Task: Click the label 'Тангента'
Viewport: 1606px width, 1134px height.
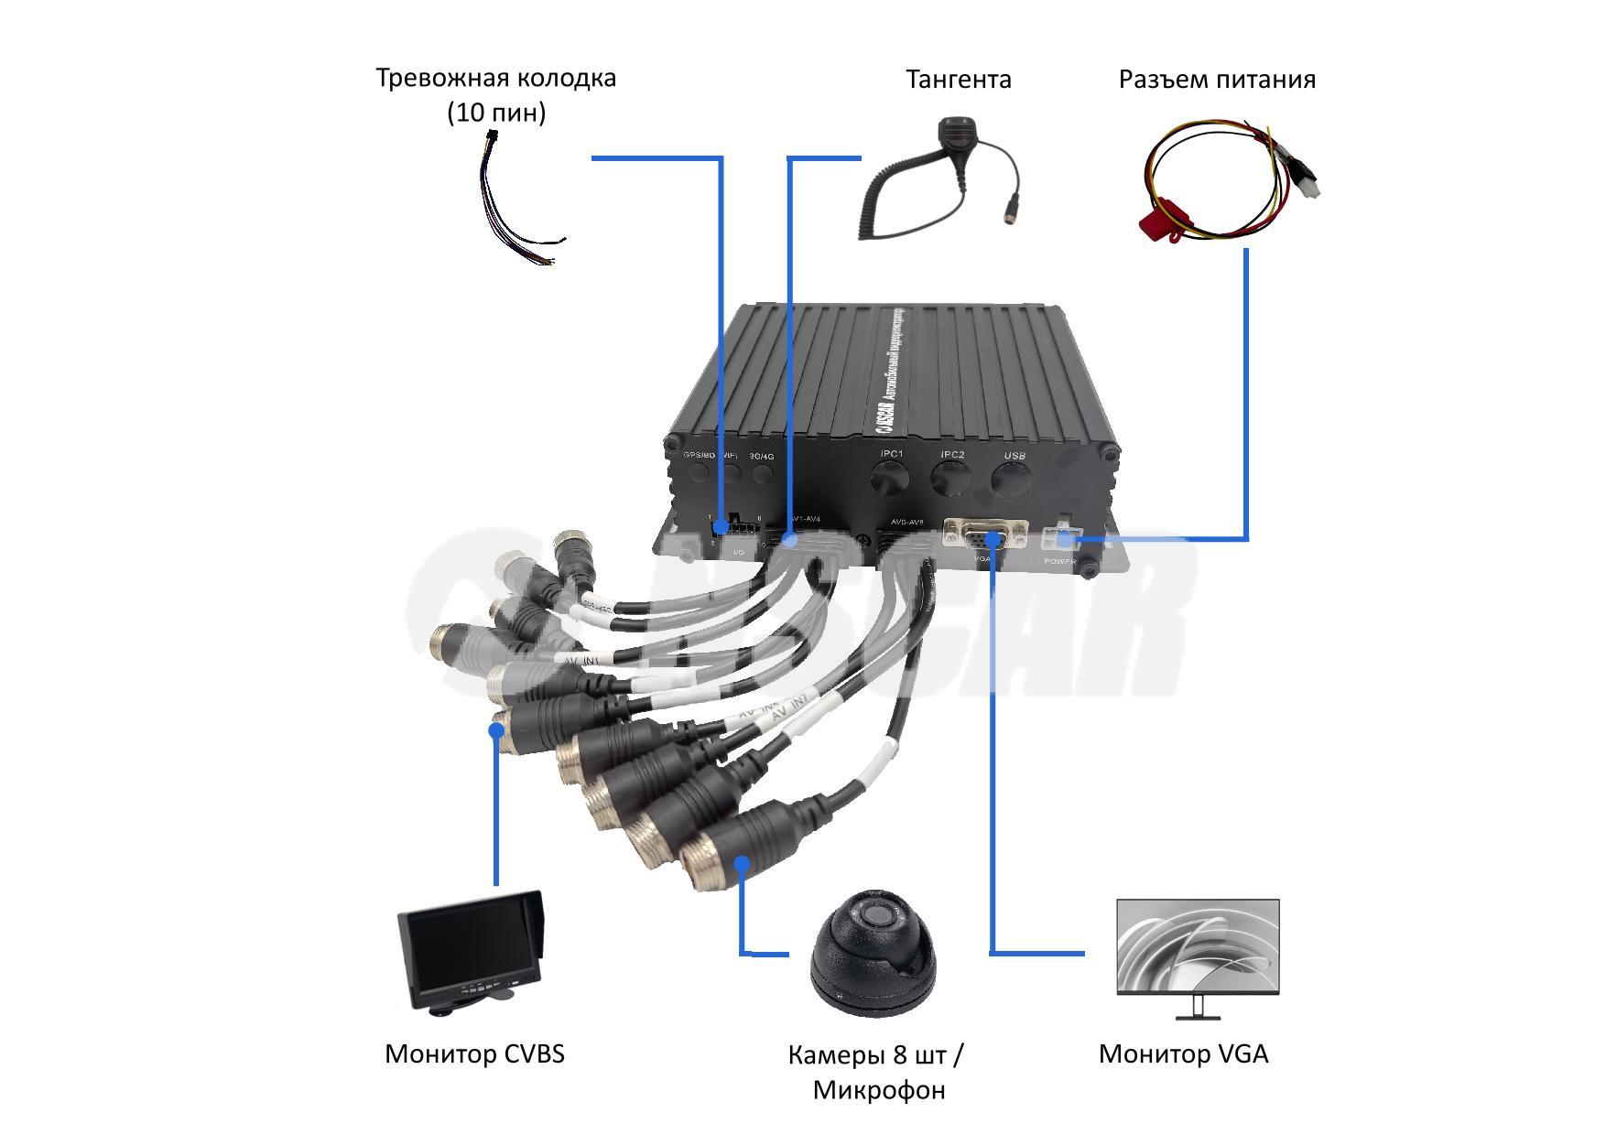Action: coord(958,80)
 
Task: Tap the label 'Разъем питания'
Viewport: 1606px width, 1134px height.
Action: coord(1217,80)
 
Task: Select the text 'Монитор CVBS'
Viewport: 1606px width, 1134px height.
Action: coord(474,1053)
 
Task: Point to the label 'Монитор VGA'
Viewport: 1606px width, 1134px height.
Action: coord(1183,1053)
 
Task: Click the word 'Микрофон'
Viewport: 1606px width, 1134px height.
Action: coord(878,1090)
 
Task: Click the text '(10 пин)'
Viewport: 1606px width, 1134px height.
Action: coord(495,113)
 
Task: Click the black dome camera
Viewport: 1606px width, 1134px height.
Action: coord(872,952)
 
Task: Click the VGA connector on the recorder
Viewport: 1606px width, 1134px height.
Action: coord(982,533)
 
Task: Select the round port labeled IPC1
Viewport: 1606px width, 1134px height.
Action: coord(890,478)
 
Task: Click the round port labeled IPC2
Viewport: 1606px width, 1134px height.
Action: coord(951,479)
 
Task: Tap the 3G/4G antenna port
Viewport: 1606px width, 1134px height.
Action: coord(762,474)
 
